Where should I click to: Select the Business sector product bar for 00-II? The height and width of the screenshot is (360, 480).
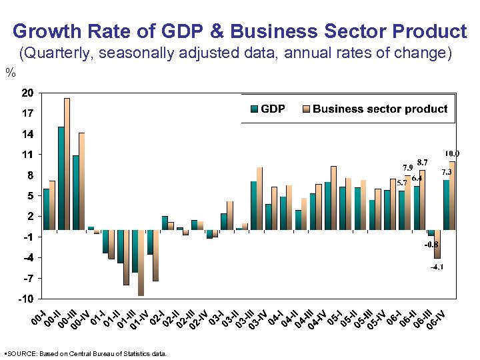67,164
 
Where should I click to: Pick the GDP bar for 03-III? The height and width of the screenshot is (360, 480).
239,229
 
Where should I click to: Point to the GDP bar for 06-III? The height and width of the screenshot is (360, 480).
431,233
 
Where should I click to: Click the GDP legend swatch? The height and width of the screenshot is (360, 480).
253,109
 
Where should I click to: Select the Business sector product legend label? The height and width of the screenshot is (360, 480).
380,109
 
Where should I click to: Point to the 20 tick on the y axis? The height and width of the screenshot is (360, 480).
27,93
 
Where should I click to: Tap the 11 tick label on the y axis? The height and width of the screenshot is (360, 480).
27,155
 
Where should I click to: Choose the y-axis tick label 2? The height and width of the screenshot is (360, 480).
29,216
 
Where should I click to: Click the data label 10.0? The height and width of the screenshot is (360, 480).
453,154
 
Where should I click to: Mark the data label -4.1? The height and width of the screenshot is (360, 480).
437,267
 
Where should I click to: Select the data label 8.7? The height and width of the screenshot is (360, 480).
422,162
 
